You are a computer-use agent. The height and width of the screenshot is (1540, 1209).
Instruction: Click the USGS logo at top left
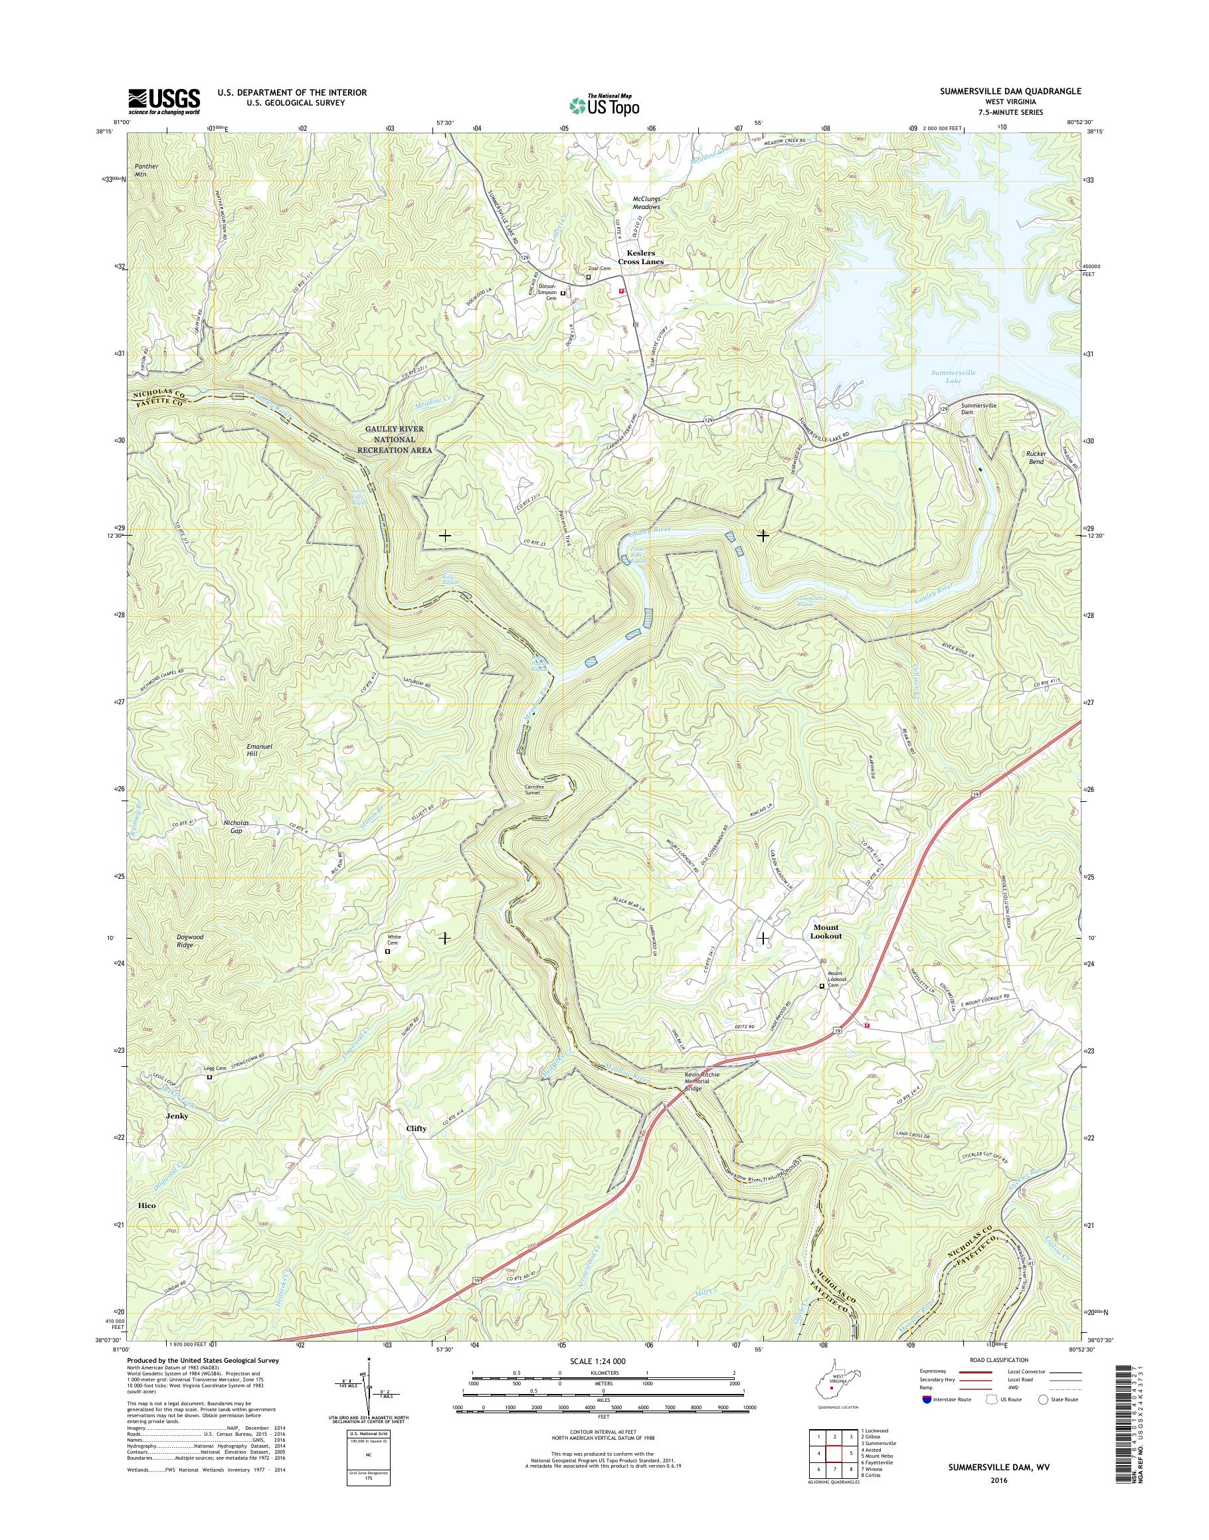[163, 101]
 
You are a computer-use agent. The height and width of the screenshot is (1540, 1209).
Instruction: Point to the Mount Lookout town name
[825, 932]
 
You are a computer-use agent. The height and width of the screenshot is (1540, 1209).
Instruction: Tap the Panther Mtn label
[147, 170]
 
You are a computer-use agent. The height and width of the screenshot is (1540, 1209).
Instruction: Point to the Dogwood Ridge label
[190, 940]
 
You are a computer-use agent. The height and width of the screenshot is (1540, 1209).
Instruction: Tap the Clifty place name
[417, 1149]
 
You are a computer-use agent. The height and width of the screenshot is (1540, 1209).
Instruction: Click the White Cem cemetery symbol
[387, 952]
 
